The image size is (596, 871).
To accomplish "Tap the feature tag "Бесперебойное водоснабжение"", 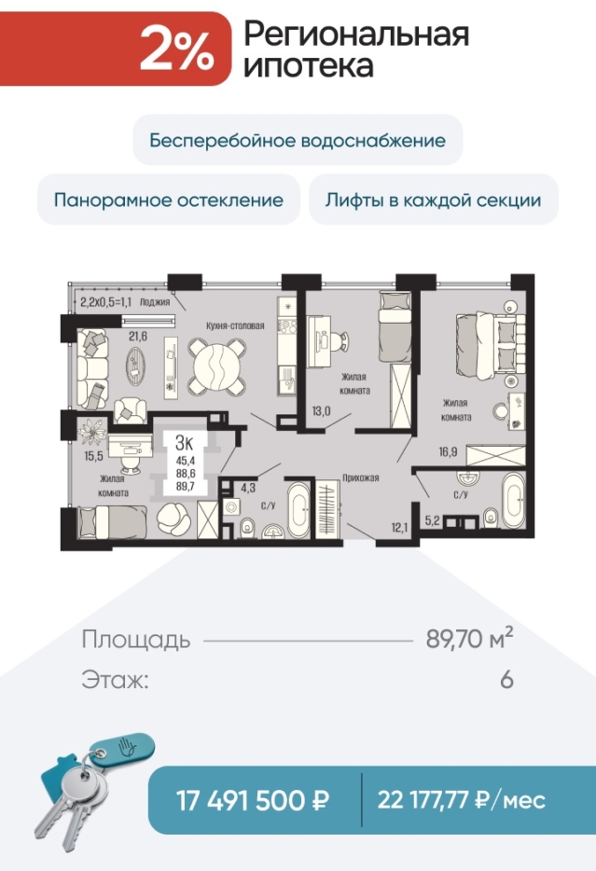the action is pyautogui.click(x=298, y=140).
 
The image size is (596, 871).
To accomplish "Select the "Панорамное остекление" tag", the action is pyautogui.click(x=168, y=200).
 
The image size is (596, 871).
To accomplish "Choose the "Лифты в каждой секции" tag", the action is pyautogui.click(x=434, y=200).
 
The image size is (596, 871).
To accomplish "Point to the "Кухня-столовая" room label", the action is pyautogui.click(x=235, y=325).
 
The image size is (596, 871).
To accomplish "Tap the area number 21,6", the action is pyautogui.click(x=138, y=336).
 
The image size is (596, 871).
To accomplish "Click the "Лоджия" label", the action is pyautogui.click(x=155, y=302).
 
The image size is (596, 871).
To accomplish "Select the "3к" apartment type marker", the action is pyautogui.click(x=184, y=443).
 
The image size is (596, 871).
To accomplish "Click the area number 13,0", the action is pyautogui.click(x=321, y=411).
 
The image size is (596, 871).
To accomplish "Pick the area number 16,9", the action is pyautogui.click(x=448, y=451).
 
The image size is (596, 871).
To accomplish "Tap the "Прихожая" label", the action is pyautogui.click(x=360, y=477).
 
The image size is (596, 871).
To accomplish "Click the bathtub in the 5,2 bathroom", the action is pyautogui.click(x=513, y=500).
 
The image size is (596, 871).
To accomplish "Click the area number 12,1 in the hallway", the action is pyautogui.click(x=399, y=527).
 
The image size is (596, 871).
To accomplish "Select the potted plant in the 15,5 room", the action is pyautogui.click(x=92, y=432).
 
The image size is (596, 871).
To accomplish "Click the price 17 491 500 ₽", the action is pyautogui.click(x=253, y=800).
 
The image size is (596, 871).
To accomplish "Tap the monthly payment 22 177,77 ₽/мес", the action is pyautogui.click(x=462, y=800).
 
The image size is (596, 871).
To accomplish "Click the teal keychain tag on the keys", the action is pyautogui.click(x=123, y=748).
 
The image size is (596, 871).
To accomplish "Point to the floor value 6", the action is pyautogui.click(x=506, y=680).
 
